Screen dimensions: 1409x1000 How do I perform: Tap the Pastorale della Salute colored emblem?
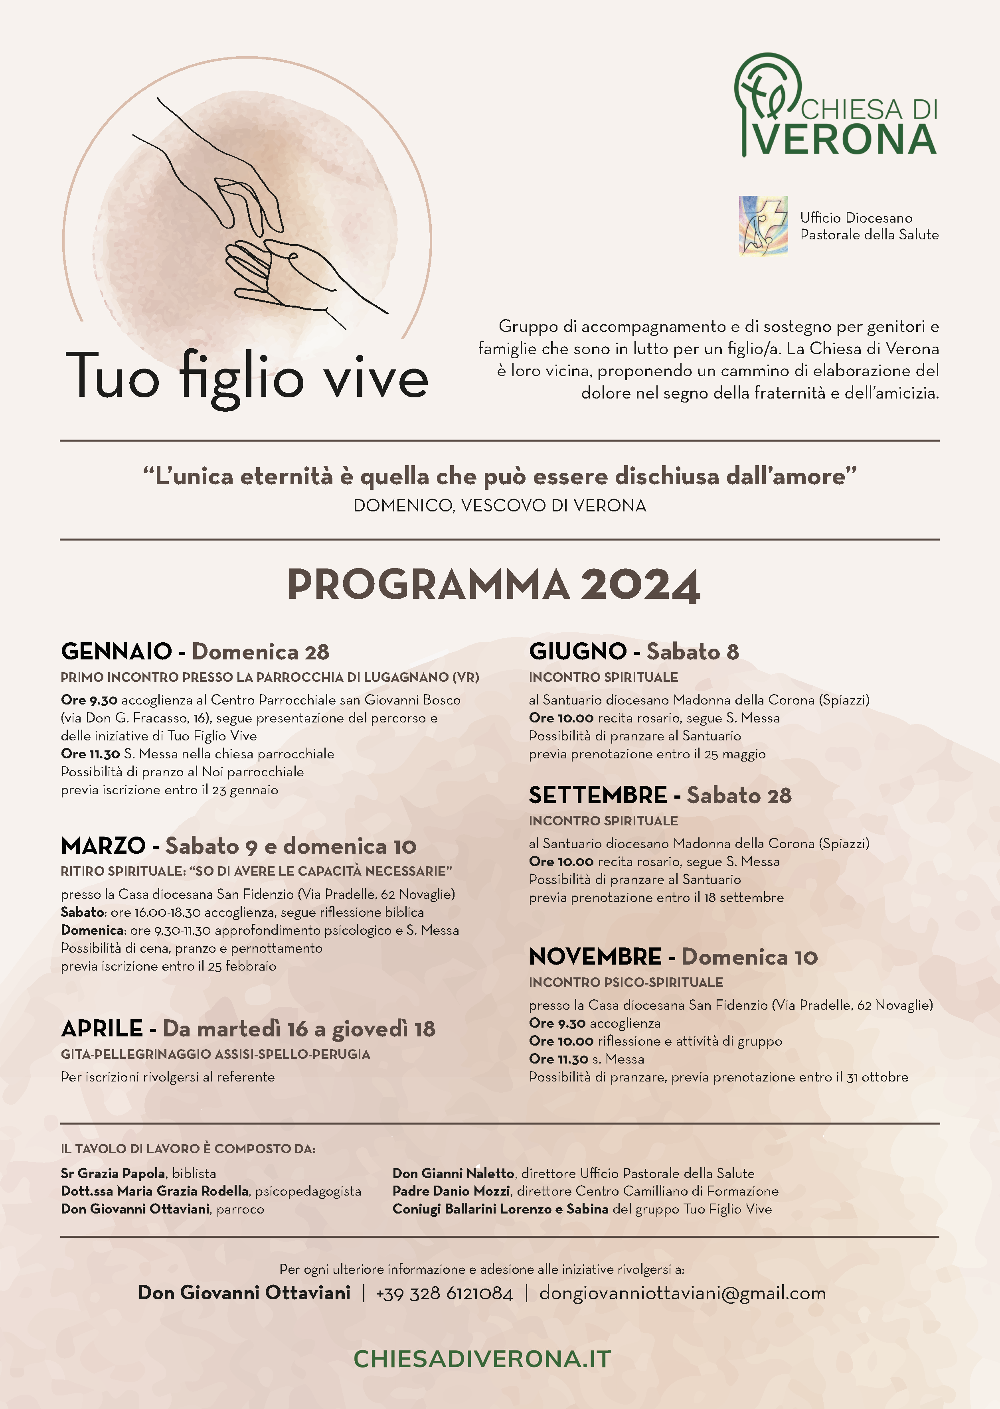763,226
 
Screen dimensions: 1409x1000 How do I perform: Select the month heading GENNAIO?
117,651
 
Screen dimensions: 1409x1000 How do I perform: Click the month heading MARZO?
103,846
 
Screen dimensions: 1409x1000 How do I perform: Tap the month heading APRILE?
102,1028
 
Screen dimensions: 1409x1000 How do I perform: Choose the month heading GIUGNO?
577,651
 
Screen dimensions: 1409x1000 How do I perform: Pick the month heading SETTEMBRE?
597,795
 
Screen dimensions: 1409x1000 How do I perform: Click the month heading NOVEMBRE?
595,957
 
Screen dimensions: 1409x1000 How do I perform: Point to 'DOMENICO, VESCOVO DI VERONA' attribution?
499,506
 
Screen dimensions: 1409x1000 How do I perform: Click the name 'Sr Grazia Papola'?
113,1173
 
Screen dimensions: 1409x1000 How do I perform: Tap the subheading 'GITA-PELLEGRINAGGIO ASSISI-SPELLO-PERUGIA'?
215,1054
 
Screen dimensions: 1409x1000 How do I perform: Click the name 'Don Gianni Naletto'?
453,1173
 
